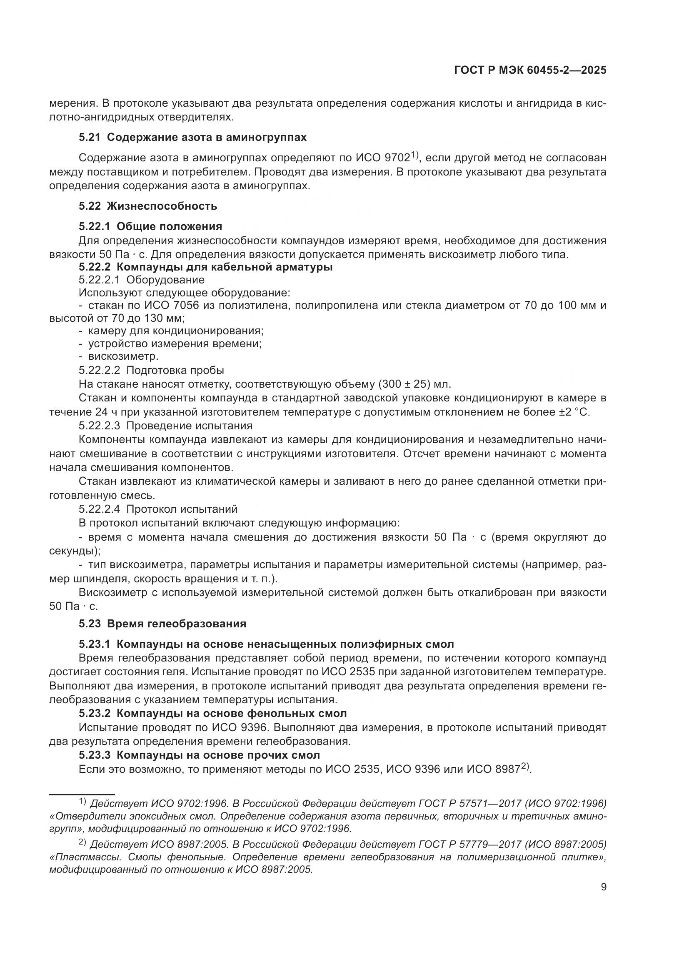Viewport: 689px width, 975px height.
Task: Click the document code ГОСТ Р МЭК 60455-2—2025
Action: [530, 70]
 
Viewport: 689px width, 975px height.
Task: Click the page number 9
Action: [603, 887]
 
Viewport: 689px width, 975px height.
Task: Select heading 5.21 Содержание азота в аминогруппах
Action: [192, 138]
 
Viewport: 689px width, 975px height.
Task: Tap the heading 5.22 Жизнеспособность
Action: [147, 206]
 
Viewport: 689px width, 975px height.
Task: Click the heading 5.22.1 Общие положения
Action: [150, 226]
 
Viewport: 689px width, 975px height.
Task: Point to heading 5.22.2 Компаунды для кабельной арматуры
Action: [205, 267]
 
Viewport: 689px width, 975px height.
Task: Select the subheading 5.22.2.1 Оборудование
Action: [141, 280]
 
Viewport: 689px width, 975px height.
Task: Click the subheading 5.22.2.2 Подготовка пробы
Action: [151, 370]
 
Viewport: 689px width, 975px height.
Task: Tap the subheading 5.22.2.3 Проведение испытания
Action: [165, 426]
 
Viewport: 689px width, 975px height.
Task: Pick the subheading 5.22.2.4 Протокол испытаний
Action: [158, 509]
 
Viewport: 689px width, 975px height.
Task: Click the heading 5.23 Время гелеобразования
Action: [162, 624]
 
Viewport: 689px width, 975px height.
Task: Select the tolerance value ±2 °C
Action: [574, 412]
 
